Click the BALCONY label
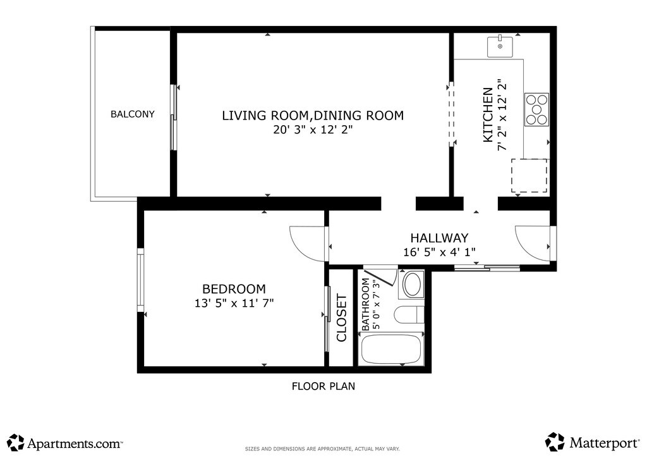[133, 114]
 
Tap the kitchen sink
[500, 47]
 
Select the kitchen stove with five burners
[536, 109]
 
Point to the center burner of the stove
[536, 109]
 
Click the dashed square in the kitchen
[529, 175]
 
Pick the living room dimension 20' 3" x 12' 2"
[313, 130]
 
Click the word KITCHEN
[488, 114]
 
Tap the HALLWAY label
[440, 238]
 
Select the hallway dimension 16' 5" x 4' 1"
[440, 252]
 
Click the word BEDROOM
[234, 288]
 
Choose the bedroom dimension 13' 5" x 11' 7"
[234, 303]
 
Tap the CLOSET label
[342, 318]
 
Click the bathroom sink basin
[413, 285]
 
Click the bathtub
[391, 349]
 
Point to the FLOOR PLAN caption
[323, 386]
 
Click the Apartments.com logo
[65, 443]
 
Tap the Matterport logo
[593, 442]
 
